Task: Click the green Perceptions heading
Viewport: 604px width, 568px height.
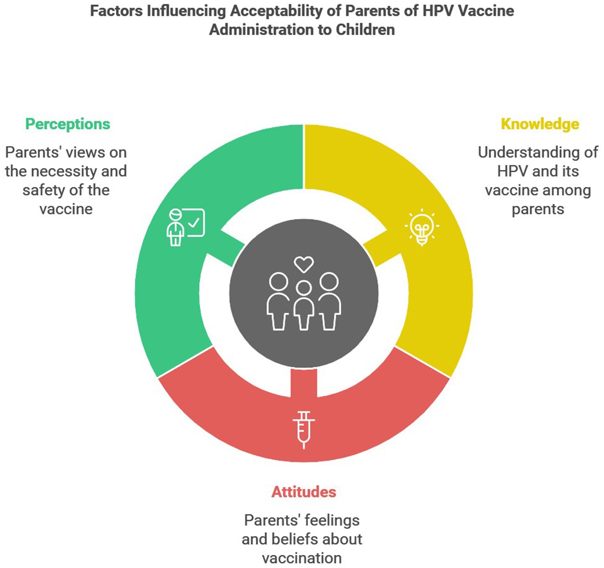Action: [x=68, y=124]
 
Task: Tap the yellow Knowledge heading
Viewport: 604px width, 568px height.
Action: [x=540, y=124]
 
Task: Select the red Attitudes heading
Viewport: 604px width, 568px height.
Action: [x=303, y=492]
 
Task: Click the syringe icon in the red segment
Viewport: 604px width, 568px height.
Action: [x=303, y=429]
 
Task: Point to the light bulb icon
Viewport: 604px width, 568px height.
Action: [x=422, y=227]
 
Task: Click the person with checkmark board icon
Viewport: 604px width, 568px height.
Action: [x=186, y=227]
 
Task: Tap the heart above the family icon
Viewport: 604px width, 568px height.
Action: [x=304, y=264]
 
